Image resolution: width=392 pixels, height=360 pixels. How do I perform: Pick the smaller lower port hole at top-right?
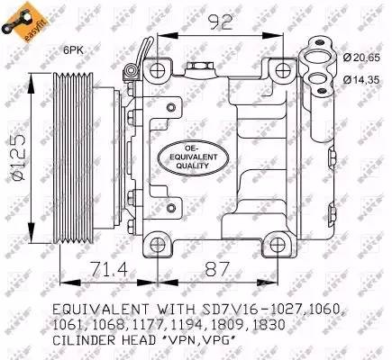(x=323, y=85)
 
